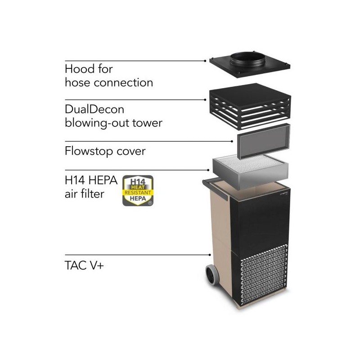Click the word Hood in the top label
tap(79, 69)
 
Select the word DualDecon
tap(94, 109)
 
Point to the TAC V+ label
tap(84, 265)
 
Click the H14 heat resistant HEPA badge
tap(138, 190)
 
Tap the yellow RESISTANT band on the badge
tap(138, 193)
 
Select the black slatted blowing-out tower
tap(250, 106)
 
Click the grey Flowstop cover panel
tap(263, 142)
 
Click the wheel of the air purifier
tap(211, 275)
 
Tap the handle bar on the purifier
tap(215, 188)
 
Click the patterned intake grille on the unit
tap(263, 274)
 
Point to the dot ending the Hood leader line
tap(205, 61)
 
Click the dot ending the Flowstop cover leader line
tap(232, 141)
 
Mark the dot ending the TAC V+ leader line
tap(210, 255)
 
